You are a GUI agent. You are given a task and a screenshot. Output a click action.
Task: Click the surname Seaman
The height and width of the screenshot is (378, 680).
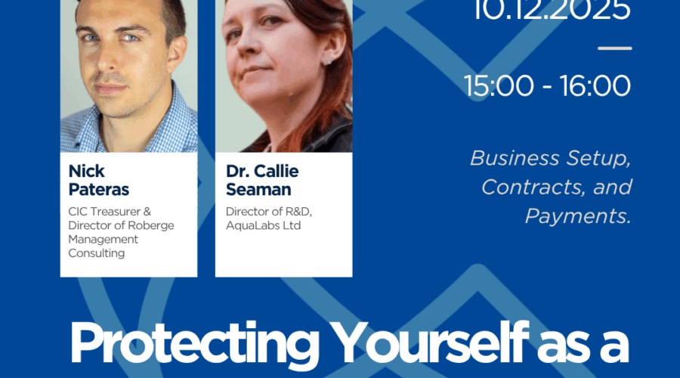258,189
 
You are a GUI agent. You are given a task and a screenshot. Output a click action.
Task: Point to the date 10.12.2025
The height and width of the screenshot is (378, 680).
552,11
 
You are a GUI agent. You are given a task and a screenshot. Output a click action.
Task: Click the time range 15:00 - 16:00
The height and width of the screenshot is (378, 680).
548,85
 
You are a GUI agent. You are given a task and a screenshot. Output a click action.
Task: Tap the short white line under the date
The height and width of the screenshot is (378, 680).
614,48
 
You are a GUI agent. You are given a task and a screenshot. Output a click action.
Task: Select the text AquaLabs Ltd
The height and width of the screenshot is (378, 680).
258,225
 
